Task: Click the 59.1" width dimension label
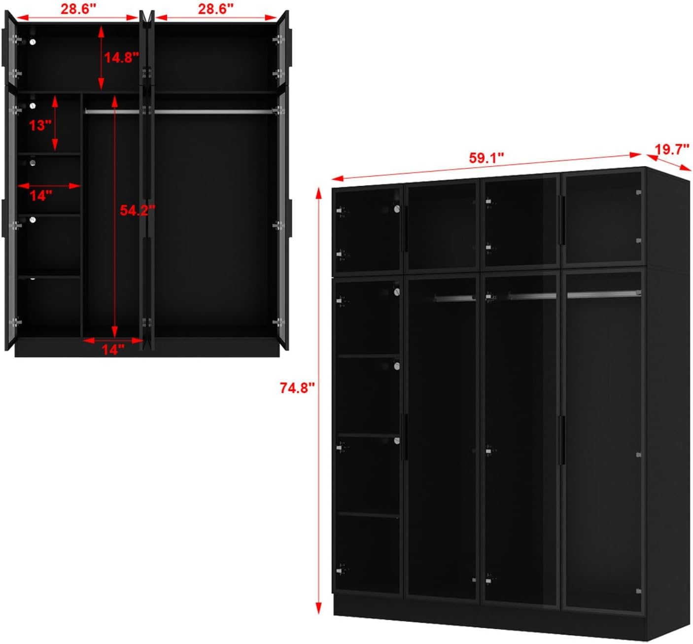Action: pos(486,158)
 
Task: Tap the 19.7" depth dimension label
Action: pos(672,149)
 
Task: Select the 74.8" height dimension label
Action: pos(297,388)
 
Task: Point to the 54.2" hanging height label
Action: pos(138,210)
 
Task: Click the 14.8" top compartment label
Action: pos(122,58)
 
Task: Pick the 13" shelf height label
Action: pos(40,125)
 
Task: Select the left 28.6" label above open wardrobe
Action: pos(78,9)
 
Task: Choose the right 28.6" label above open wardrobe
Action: pos(216,9)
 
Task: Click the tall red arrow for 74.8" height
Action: pos(318,401)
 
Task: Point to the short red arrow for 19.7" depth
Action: pos(668,163)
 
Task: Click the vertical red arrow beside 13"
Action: pos(55,123)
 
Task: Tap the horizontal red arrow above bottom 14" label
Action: pos(113,340)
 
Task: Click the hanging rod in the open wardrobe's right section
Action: pos(213,112)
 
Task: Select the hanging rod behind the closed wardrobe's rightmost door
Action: pos(604,294)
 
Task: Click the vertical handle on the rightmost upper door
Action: pos(561,220)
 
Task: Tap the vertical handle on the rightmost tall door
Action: pos(561,440)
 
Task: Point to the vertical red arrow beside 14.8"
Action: pos(101,58)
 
